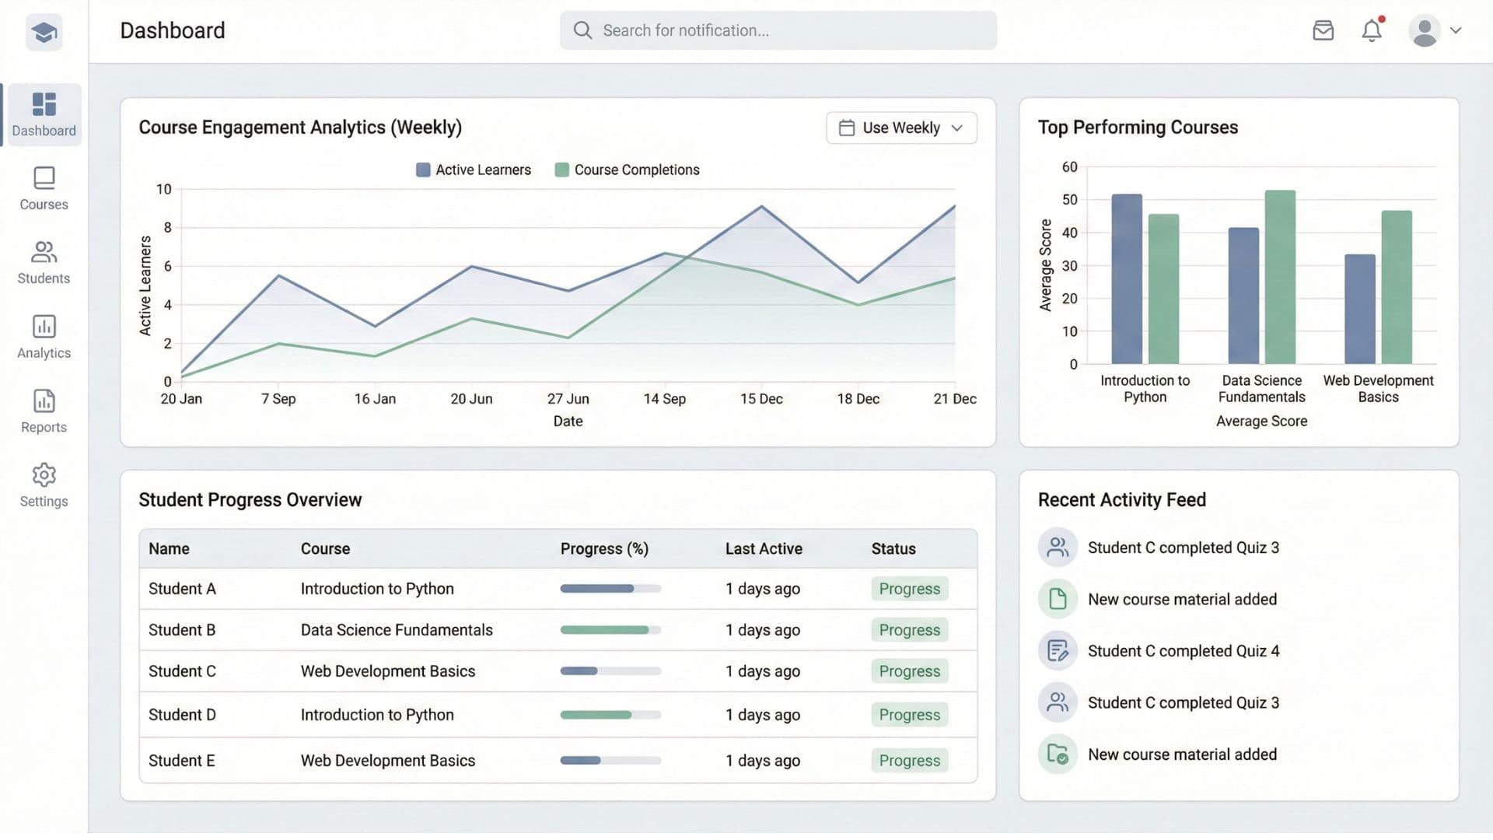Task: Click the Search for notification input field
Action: tap(778, 30)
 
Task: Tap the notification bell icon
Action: tap(1372, 30)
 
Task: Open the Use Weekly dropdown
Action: tap(901, 128)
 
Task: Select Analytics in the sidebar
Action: tap(44, 337)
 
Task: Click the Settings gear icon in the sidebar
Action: tap(44, 474)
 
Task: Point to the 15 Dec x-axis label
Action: tap(761, 399)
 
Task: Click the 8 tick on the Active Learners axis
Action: tap(167, 227)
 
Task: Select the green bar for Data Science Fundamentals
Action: tap(1280, 277)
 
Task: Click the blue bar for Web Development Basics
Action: tap(1359, 309)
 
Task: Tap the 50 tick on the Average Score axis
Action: tap(1070, 200)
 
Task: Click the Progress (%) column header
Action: tap(604, 549)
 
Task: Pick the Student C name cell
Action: tap(182, 671)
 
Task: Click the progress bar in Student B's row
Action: tap(610, 630)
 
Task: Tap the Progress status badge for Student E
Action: tap(909, 761)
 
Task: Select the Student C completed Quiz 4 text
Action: tap(1183, 651)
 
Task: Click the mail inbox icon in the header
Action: tap(1323, 30)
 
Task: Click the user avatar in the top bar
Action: tap(1425, 31)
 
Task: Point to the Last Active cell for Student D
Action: tap(762, 715)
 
